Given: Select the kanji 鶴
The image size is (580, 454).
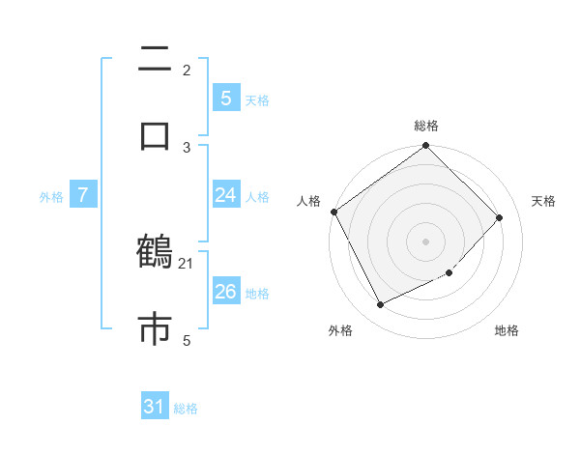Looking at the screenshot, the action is pyautogui.click(x=155, y=253).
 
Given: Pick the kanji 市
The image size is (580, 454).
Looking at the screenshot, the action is pyautogui.click(x=155, y=328).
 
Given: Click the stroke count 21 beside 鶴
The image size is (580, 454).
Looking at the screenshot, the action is pyautogui.click(x=187, y=263).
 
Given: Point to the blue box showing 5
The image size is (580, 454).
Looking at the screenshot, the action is pyautogui.click(x=225, y=98).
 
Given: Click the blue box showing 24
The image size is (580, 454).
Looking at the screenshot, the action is pyautogui.click(x=225, y=195).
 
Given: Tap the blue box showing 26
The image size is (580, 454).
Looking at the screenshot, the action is pyautogui.click(x=225, y=292).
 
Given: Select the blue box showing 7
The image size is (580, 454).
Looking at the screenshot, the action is pyautogui.click(x=83, y=195).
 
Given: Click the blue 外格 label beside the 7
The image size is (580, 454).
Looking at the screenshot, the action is pyautogui.click(x=51, y=196).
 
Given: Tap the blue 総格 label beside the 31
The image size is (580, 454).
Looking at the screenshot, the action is pyautogui.click(x=186, y=409).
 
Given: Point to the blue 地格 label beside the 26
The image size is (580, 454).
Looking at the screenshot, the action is pyautogui.click(x=257, y=293).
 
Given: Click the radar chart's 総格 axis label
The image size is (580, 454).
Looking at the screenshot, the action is pyautogui.click(x=426, y=126).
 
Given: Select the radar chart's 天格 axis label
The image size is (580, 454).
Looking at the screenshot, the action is pyautogui.click(x=543, y=201).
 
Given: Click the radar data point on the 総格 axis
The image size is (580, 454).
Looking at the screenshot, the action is pyautogui.click(x=426, y=147).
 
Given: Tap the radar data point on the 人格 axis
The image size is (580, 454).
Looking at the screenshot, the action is pyautogui.click(x=333, y=212).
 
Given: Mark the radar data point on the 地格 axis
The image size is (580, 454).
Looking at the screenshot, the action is pyautogui.click(x=449, y=273).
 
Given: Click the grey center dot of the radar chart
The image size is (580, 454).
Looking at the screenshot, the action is pyautogui.click(x=426, y=241).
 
